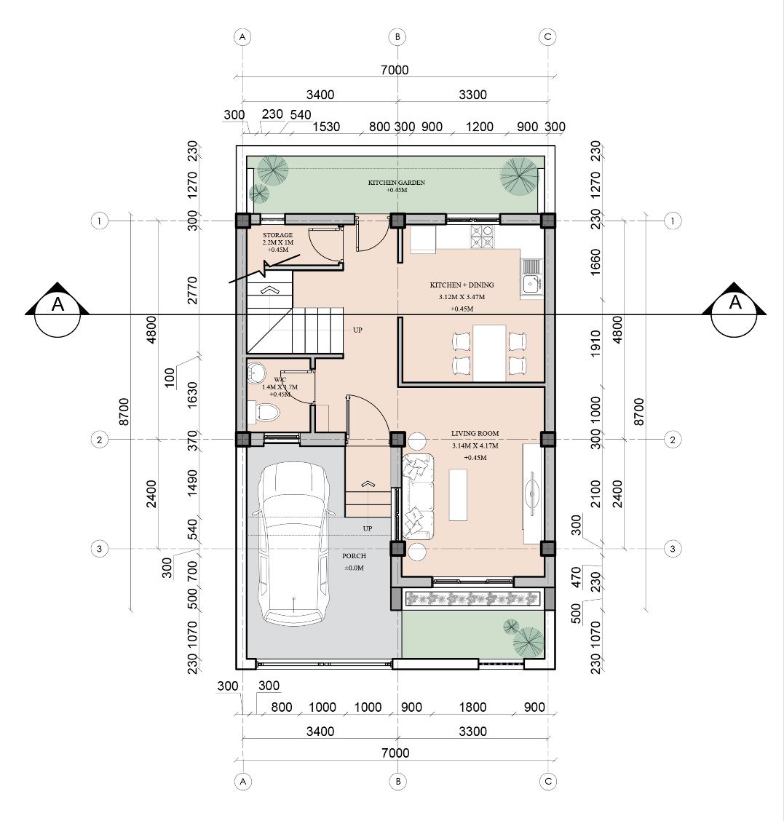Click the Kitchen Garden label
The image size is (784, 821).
pyautogui.click(x=397, y=183)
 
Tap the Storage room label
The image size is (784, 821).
pyautogui.click(x=277, y=235)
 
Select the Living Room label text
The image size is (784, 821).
pyautogui.click(x=475, y=434)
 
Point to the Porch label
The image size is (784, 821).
pyautogui.click(x=354, y=556)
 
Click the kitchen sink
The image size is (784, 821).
pyautogui.click(x=531, y=278)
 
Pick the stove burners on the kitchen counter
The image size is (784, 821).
pyautogui.click(x=482, y=237)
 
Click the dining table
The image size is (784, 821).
pyautogui.click(x=489, y=353)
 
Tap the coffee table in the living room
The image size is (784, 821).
pyautogui.click(x=459, y=495)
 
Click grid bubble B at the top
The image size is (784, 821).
pyautogui.click(x=397, y=37)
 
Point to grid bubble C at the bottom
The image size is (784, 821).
pyautogui.click(x=548, y=781)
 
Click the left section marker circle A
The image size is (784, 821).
pyautogui.click(x=58, y=314)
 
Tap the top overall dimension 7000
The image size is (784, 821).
pyautogui.click(x=395, y=70)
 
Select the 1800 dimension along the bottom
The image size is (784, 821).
pyautogui.click(x=472, y=707)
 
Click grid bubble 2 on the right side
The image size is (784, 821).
pyautogui.click(x=673, y=440)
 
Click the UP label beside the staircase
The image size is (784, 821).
pyautogui.click(x=357, y=330)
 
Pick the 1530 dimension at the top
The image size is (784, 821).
pyautogui.click(x=326, y=127)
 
